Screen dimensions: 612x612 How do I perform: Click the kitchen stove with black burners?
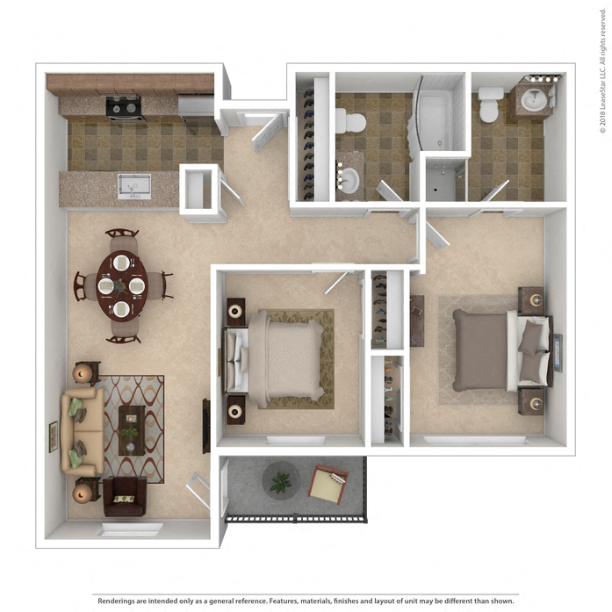tap(125, 107)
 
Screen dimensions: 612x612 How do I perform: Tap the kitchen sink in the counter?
tap(134, 186)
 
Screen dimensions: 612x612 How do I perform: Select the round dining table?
tap(122, 285)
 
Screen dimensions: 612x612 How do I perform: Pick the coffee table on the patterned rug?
tap(132, 429)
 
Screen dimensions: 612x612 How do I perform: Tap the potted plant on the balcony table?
tap(281, 481)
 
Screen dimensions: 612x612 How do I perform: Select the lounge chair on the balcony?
tap(328, 485)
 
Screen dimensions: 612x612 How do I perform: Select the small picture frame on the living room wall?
tap(54, 436)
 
